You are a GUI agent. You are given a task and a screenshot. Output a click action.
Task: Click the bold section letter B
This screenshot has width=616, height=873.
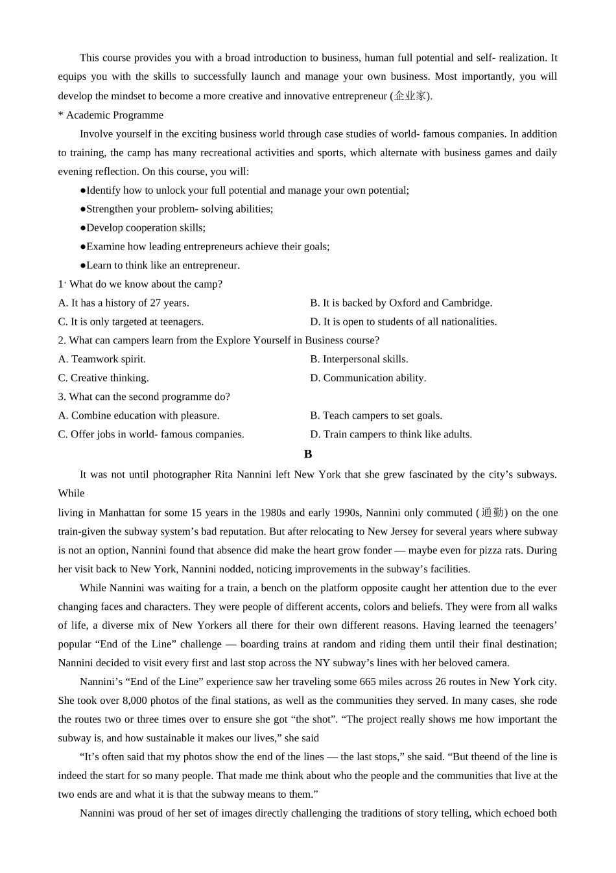click(308, 454)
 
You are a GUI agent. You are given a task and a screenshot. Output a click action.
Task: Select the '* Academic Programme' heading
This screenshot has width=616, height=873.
click(111, 115)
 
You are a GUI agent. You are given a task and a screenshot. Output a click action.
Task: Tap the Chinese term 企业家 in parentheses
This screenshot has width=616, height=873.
click(410, 96)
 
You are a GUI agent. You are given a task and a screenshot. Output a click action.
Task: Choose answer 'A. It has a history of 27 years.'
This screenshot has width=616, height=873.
click(124, 303)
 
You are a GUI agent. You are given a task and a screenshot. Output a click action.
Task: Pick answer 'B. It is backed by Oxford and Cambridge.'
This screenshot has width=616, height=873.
click(401, 303)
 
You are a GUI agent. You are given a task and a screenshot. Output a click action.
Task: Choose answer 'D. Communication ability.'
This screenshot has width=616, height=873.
click(368, 378)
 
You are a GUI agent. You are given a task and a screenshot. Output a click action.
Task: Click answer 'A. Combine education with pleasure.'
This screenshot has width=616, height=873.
click(139, 415)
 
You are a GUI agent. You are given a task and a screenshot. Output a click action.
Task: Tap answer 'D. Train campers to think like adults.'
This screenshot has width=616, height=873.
click(391, 434)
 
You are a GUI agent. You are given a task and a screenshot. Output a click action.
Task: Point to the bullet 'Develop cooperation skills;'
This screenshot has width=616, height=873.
click(143, 228)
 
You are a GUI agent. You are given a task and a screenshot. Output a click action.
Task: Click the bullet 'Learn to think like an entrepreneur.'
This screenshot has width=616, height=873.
click(160, 266)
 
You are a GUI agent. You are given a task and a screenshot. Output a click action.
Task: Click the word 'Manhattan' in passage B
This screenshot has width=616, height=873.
click(121, 513)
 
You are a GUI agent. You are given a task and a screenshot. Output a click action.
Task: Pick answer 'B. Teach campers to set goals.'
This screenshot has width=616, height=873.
click(376, 415)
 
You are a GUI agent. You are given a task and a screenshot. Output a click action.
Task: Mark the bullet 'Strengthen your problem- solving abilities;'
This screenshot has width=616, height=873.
click(176, 209)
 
